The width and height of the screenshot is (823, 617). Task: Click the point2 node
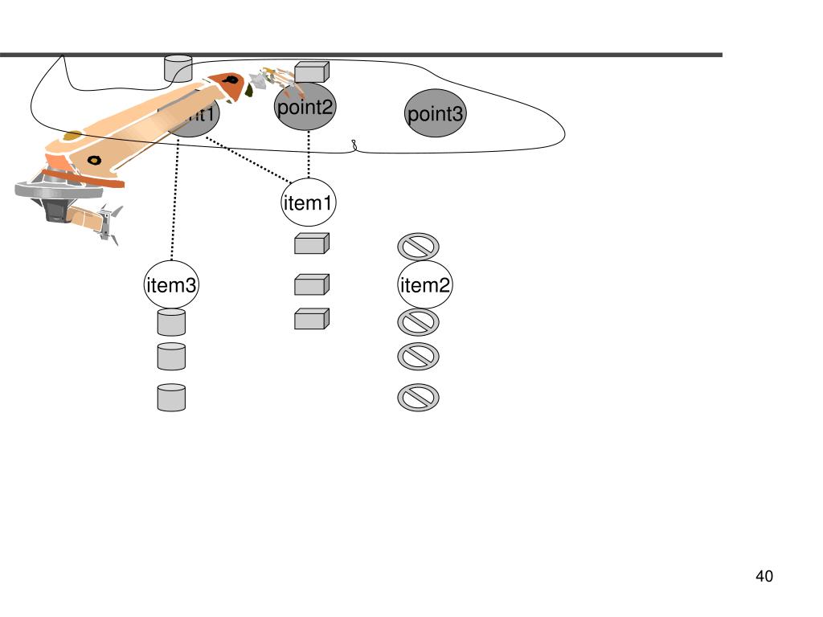(305, 108)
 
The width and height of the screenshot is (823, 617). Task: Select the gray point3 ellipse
(436, 113)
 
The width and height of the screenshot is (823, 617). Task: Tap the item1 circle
(308, 203)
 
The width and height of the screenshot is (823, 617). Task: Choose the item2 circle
(425, 285)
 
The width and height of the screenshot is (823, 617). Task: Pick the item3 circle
(171, 284)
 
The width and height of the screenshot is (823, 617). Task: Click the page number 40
(764, 576)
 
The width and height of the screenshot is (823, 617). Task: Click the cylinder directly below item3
(171, 322)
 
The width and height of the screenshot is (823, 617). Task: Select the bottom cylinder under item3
(171, 398)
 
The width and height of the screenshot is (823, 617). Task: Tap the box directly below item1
(311, 243)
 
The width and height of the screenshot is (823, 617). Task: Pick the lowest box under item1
(311, 319)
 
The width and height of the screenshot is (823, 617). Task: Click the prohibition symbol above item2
(418, 246)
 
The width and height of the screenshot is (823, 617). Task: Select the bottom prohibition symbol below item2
(418, 398)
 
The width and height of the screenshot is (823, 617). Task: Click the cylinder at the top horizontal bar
(178, 67)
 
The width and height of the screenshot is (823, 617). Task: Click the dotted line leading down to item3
(174, 209)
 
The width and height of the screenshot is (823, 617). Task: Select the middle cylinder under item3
(171, 356)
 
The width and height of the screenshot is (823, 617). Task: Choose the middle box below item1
(311, 284)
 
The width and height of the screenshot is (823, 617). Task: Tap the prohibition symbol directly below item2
(418, 322)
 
